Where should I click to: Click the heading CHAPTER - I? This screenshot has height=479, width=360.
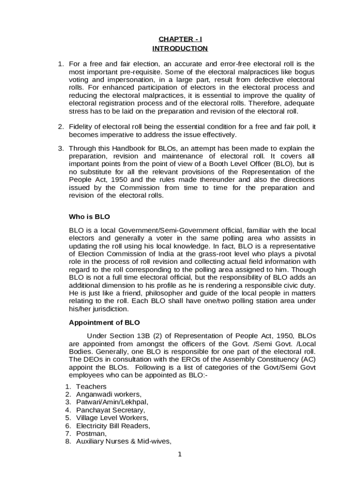[x=180, y=39]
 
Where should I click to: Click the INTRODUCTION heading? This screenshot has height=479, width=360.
[x=180, y=49]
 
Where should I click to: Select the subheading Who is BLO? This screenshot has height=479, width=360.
[x=89, y=217]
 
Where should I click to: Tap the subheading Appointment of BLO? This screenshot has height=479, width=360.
[x=104, y=323]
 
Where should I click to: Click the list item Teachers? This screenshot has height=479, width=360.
[x=91, y=387]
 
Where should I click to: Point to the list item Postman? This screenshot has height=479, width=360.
[x=89, y=434]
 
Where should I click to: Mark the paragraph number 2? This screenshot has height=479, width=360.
[x=60, y=127]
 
